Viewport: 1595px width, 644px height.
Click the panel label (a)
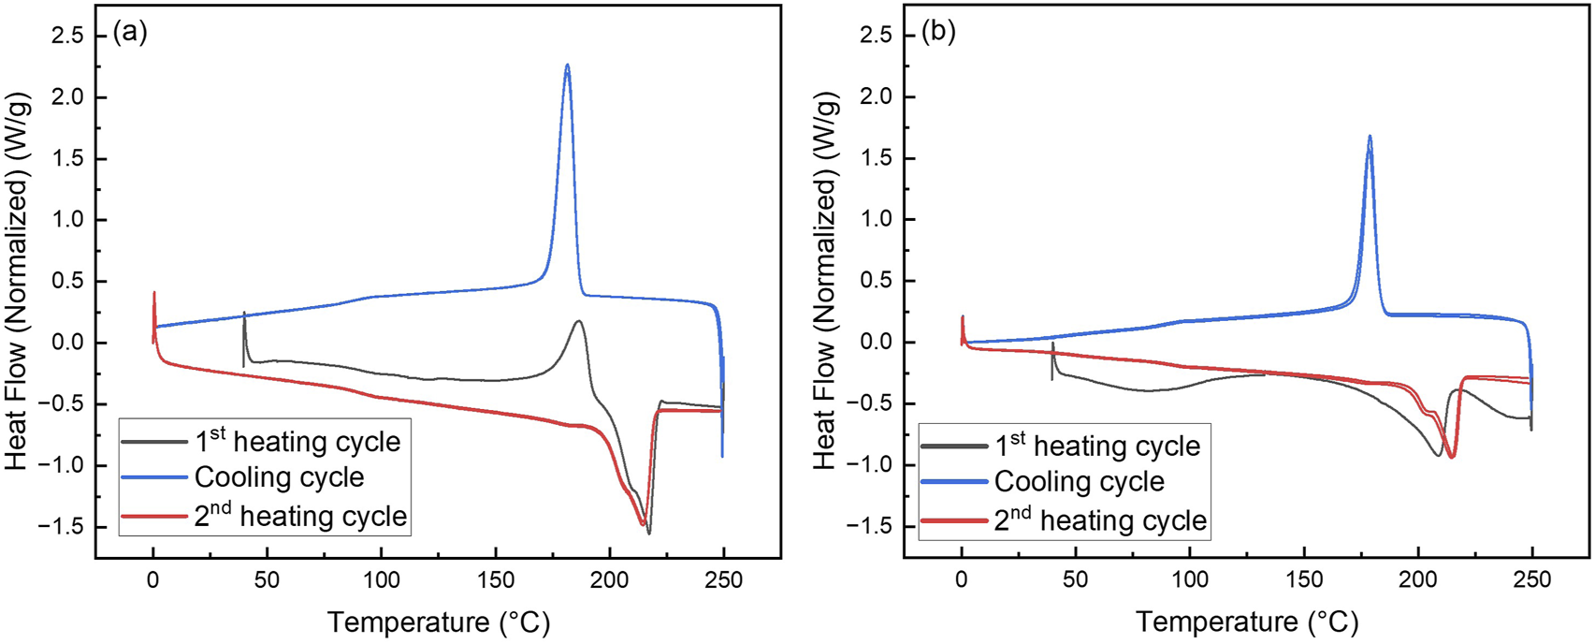[x=130, y=33]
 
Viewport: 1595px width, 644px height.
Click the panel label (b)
[x=938, y=33]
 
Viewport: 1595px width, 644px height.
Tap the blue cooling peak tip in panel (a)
[x=568, y=66]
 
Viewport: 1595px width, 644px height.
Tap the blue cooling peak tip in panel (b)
[x=1370, y=137]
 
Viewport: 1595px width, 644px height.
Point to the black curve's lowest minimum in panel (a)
[x=649, y=533]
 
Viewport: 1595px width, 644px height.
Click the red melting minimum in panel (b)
[x=1452, y=456]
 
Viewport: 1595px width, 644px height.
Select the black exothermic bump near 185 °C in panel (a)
[x=579, y=322]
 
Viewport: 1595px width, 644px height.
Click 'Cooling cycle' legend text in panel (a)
[x=279, y=477]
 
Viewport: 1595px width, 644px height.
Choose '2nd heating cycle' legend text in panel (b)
[x=1100, y=520]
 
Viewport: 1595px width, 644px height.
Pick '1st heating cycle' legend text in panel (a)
[x=297, y=441]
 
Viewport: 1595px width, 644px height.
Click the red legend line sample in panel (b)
[x=954, y=520]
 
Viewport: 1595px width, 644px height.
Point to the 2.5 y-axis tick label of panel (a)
[x=65, y=36]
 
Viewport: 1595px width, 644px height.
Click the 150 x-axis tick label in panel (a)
[x=495, y=580]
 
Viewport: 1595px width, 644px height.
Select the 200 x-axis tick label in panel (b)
[x=1417, y=580]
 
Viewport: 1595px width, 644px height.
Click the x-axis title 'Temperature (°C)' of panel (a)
[x=439, y=622]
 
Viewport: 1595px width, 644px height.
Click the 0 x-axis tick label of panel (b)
[x=961, y=580]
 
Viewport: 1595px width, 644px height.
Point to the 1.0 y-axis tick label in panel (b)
[x=874, y=219]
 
